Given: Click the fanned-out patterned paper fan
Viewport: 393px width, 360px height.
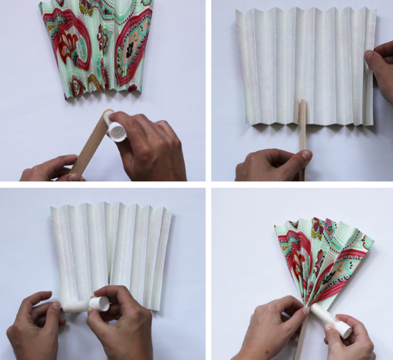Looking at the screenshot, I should click(x=322, y=259).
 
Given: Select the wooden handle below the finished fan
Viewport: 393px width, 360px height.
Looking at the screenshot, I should click(x=301, y=342).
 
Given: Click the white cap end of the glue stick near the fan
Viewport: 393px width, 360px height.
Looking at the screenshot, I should click(x=344, y=328).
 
